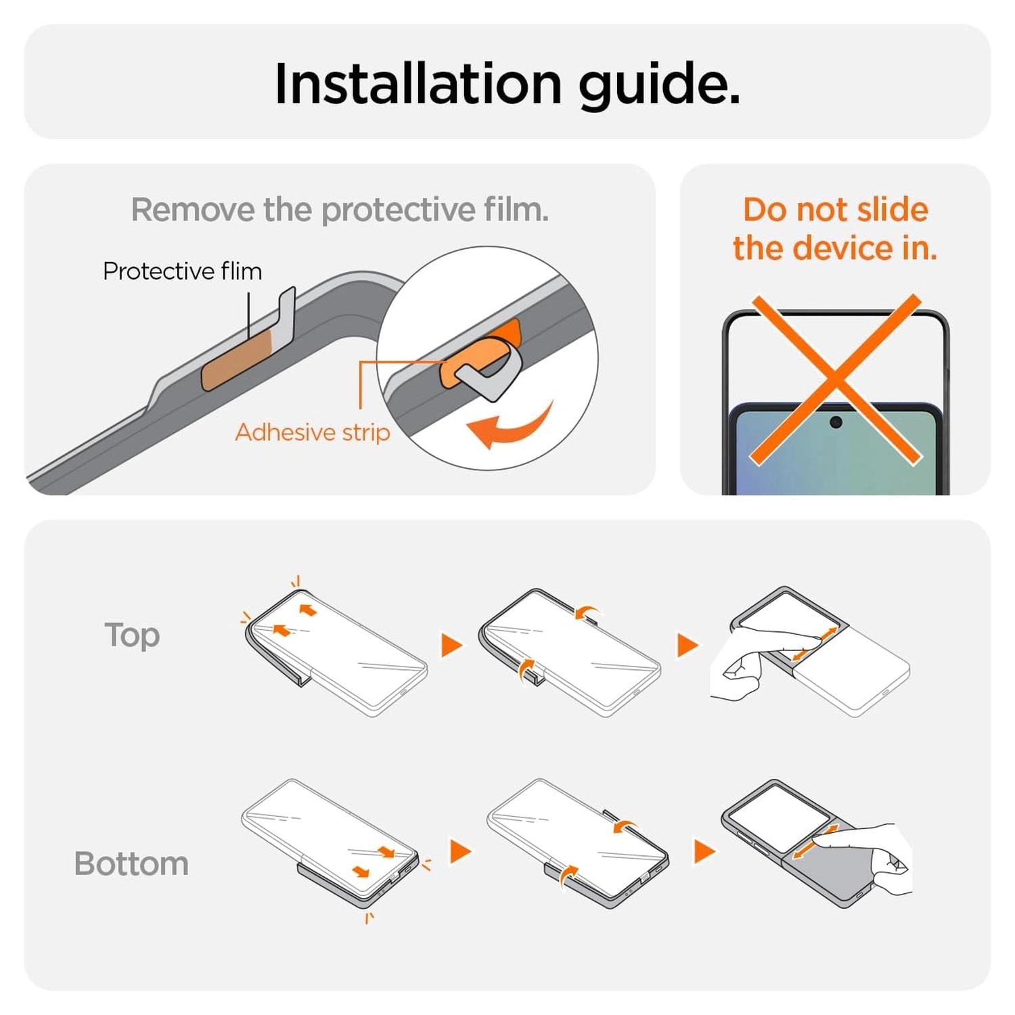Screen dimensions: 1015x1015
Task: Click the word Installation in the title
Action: pyautogui.click(x=418, y=83)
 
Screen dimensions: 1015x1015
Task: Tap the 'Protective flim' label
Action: pyautogui.click(x=183, y=271)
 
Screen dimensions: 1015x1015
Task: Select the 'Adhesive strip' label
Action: pyautogui.click(x=313, y=432)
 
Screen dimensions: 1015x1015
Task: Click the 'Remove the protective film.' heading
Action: pyautogui.click(x=340, y=210)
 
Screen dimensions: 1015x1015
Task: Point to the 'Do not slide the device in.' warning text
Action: pyautogui.click(x=835, y=229)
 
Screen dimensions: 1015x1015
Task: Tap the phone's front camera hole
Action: pyautogui.click(x=836, y=422)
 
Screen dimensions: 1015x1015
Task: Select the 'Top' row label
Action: pyautogui.click(x=132, y=636)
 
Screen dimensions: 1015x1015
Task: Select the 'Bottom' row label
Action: pyautogui.click(x=131, y=864)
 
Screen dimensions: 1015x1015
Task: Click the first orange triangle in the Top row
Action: pyautogui.click(x=451, y=645)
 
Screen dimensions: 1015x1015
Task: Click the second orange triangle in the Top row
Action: pyautogui.click(x=687, y=645)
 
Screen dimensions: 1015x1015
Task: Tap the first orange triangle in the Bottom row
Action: pyautogui.click(x=460, y=851)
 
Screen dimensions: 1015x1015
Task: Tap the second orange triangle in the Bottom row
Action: pyautogui.click(x=704, y=851)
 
